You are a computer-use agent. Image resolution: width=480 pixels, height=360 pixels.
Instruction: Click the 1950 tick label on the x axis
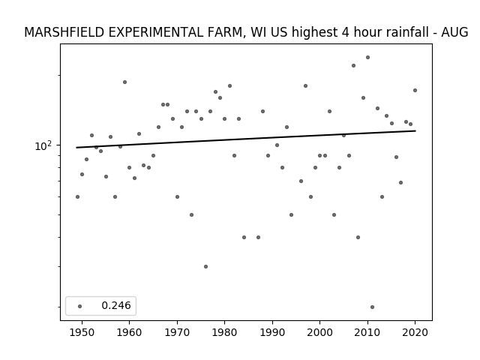pos(82,332)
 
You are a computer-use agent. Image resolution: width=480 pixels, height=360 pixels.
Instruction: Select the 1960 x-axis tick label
pos(129,332)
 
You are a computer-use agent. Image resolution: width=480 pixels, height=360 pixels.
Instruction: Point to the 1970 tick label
pos(177,332)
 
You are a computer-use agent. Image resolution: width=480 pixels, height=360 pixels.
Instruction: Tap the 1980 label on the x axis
pos(224,332)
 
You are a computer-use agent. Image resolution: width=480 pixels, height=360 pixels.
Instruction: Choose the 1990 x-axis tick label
pos(272,332)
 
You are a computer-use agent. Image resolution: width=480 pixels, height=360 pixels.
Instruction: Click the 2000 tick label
pos(320,332)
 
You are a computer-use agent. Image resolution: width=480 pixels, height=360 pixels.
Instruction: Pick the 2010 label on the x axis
pos(367,332)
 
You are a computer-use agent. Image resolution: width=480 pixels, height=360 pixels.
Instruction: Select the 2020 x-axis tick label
pos(415,332)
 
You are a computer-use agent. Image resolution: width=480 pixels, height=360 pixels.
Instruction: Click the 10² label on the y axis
pos(43,146)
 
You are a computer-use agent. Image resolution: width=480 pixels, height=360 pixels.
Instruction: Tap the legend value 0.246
pos(116,305)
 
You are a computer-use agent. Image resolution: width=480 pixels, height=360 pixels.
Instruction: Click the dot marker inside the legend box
pos(80,306)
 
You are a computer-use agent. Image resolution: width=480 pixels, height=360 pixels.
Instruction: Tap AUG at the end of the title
pos(454,32)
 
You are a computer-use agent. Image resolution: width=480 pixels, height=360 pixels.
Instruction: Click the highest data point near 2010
pos(367,58)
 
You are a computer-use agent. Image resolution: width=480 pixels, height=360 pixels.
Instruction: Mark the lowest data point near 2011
pos(372,307)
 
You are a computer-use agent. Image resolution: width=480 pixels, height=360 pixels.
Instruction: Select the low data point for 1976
pos(205,267)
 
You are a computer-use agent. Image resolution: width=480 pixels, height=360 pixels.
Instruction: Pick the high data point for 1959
pos(124,82)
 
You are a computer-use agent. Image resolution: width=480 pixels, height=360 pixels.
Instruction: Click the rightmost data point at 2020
pos(415,90)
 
